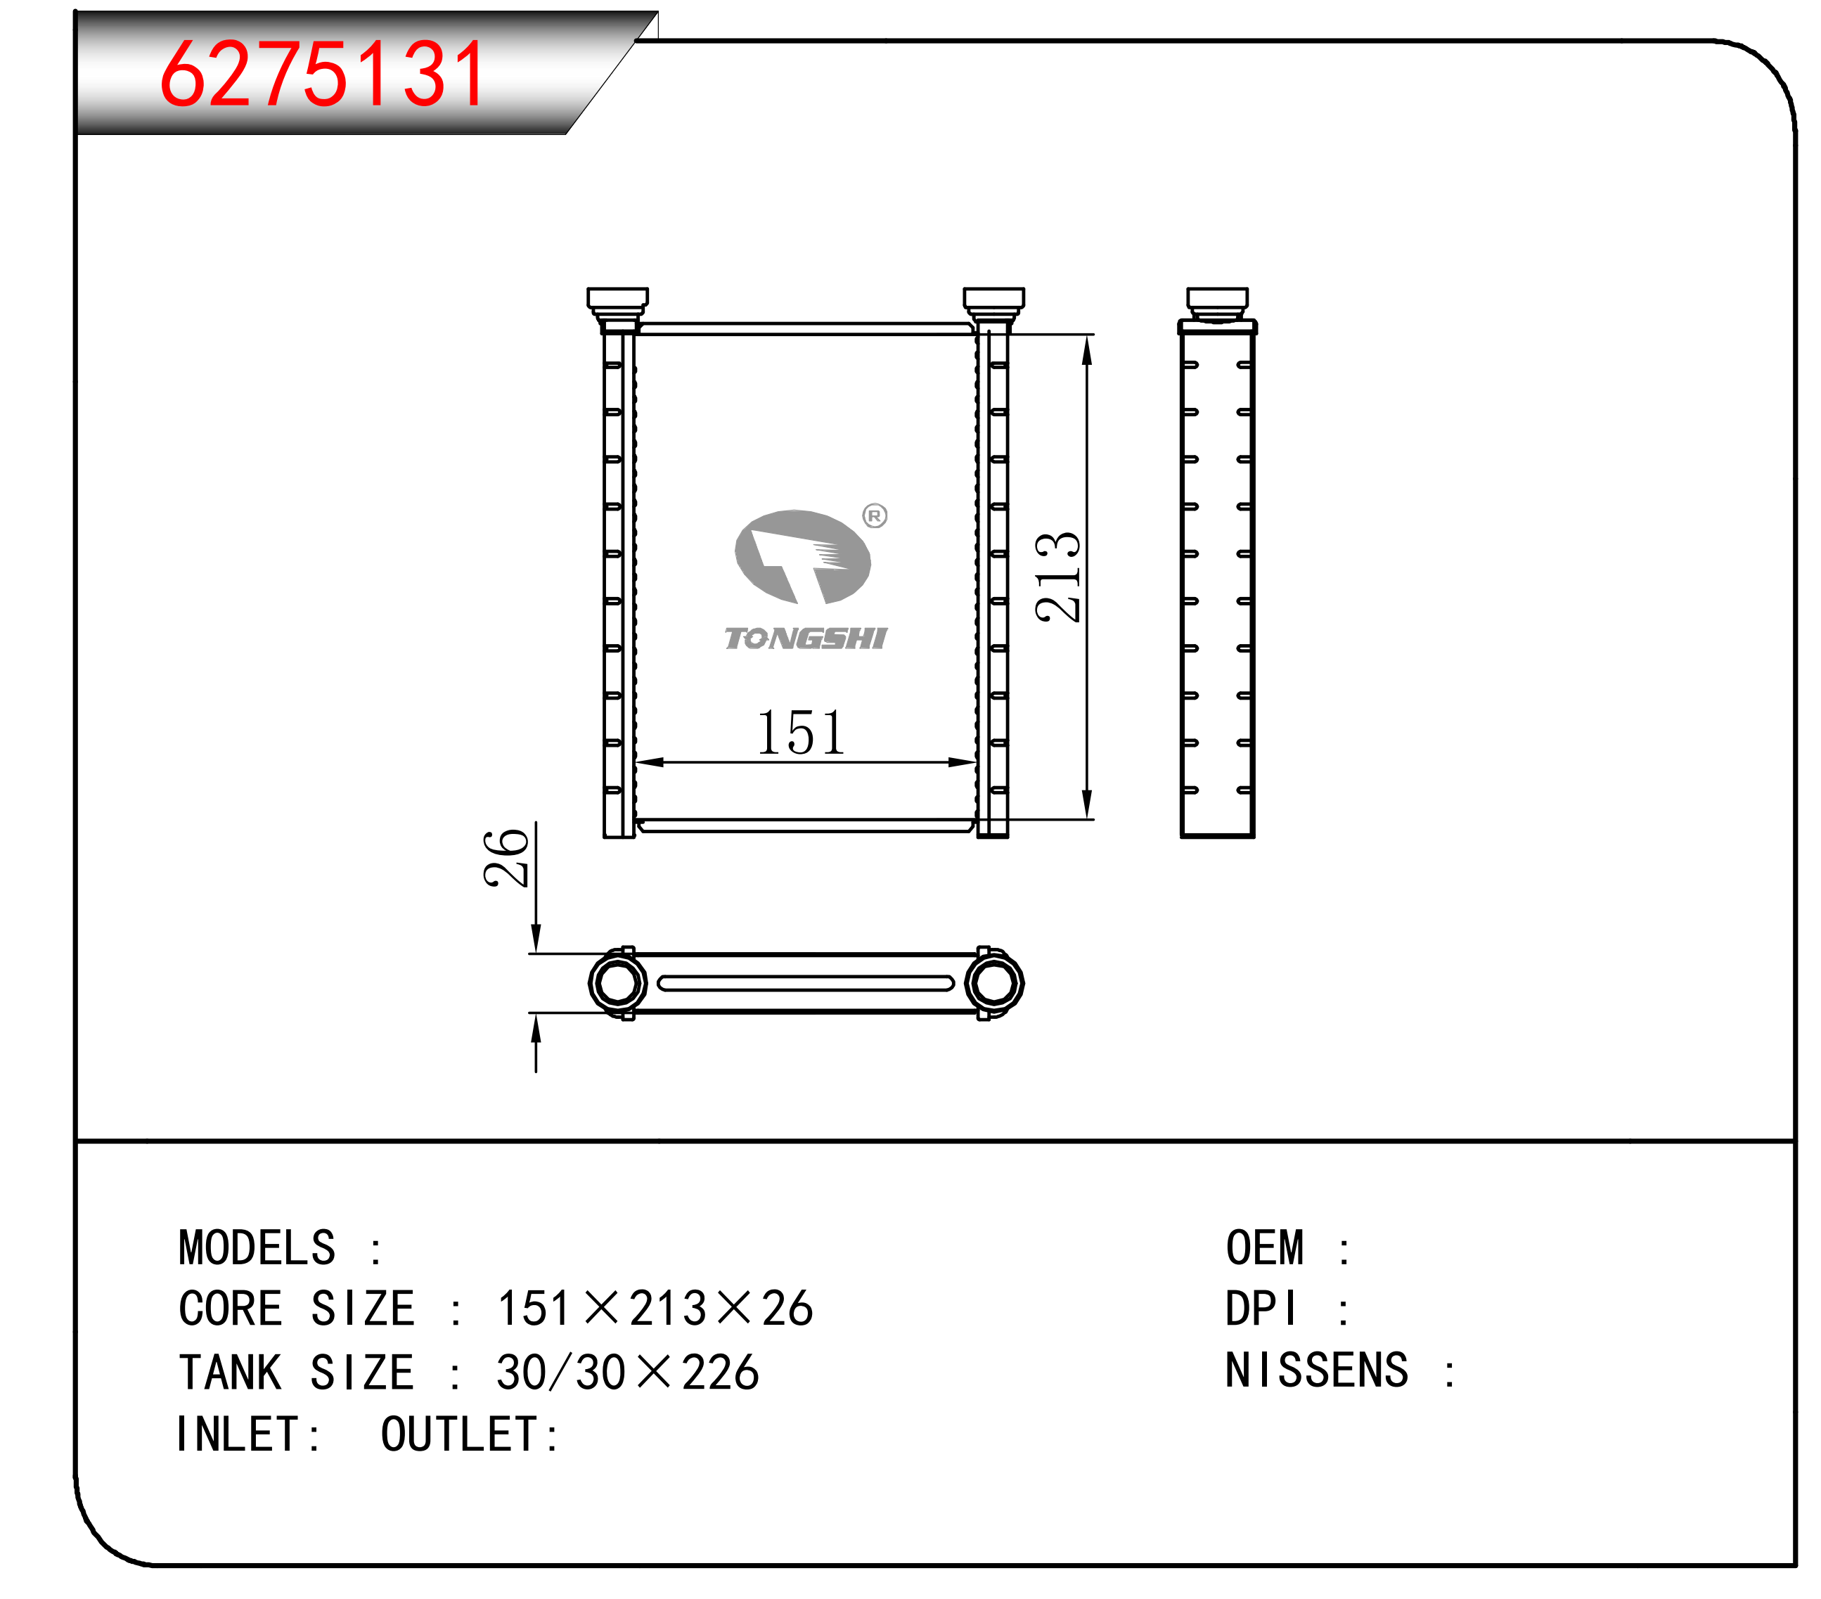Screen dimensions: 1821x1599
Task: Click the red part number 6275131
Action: point(323,73)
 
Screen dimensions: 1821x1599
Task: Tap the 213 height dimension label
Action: point(1057,577)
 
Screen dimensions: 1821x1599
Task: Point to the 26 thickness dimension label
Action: point(506,857)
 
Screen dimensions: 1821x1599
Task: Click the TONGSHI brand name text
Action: point(805,638)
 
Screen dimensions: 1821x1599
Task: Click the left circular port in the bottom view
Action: point(617,982)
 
